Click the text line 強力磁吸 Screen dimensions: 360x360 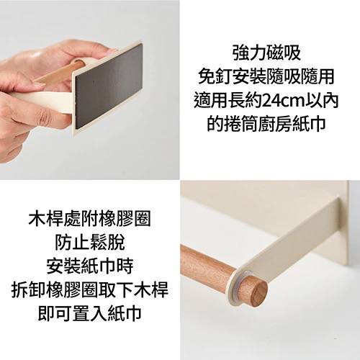(x=266, y=53)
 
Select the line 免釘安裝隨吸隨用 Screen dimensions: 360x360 (x=266, y=77)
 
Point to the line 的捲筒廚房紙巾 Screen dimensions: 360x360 (x=266, y=124)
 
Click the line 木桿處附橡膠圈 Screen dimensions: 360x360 (x=89, y=219)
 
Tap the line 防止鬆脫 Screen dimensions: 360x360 (x=90, y=242)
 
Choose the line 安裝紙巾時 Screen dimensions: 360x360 (x=90, y=266)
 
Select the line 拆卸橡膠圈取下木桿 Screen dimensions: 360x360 (x=90, y=289)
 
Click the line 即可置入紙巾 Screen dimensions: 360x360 (x=90, y=312)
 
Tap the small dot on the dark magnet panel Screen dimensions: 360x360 (x=94, y=81)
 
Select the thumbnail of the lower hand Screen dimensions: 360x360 (x=38, y=84)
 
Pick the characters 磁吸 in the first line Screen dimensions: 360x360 (x=284, y=53)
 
